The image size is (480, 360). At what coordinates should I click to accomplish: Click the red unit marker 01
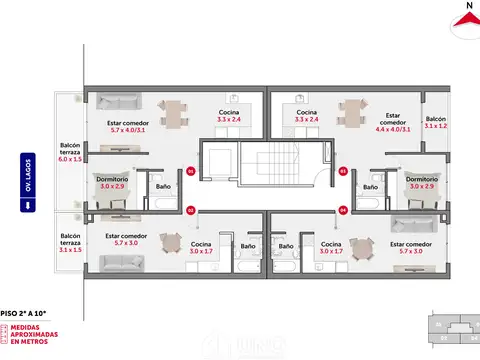pyautogui.click(x=190, y=171)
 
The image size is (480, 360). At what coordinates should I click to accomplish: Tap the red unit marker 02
pyautogui.click(x=190, y=210)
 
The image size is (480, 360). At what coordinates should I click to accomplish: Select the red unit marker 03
pyautogui.click(x=342, y=171)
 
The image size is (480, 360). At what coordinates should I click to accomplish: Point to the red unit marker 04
pyautogui.click(x=342, y=210)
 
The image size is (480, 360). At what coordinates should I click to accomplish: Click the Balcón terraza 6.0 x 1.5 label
pyautogui.click(x=69, y=152)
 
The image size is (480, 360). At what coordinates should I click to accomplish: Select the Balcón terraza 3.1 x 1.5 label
pyautogui.click(x=69, y=243)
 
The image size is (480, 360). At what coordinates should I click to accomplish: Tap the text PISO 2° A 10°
pyautogui.click(x=25, y=313)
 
